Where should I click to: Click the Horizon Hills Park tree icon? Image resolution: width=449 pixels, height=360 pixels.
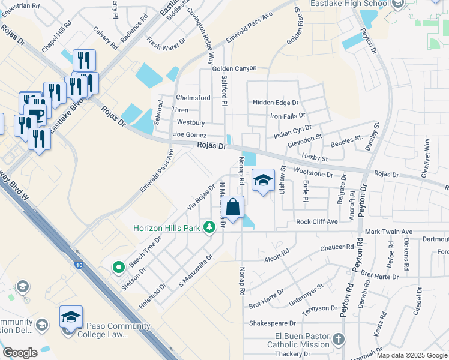point(209,227)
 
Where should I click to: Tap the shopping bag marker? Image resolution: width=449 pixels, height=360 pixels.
point(232,208)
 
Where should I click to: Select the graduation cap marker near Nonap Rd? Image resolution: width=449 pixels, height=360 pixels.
point(263,180)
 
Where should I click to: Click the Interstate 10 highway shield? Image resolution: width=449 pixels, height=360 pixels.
point(79,265)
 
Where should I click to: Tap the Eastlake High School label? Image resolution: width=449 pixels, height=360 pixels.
point(349,4)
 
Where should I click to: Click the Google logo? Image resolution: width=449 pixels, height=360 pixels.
point(20,353)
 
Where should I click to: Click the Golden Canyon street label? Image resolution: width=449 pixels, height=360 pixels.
point(235,69)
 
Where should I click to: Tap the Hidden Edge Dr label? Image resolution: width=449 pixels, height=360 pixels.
point(276,103)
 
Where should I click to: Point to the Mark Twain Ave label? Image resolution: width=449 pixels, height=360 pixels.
point(389,232)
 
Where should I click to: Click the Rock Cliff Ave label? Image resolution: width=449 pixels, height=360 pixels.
point(317,222)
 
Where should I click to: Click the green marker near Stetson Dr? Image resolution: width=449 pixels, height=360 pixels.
point(119,266)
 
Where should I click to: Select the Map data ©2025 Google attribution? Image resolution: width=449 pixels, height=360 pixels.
point(412,355)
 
